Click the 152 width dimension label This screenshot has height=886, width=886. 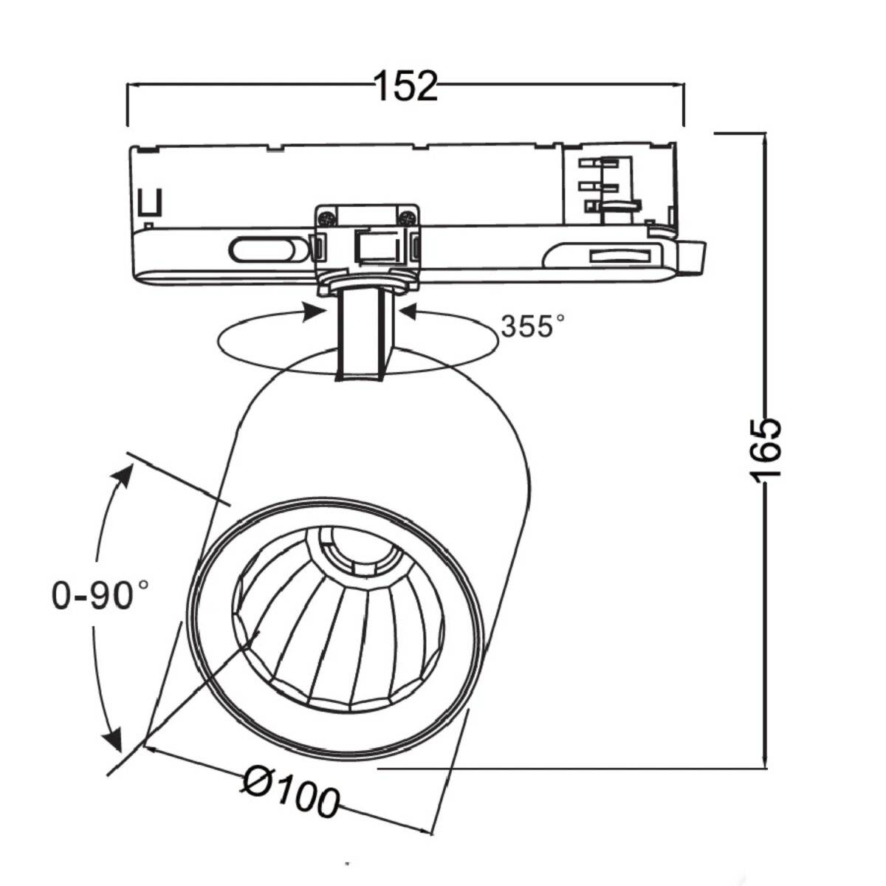point(405,86)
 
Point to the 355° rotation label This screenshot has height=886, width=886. point(532,326)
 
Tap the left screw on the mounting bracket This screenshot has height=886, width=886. point(326,218)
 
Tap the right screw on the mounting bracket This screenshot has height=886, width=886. point(405,218)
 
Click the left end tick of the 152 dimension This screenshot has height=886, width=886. point(128,105)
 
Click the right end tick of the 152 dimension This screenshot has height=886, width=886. point(684,105)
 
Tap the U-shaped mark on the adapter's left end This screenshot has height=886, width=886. point(151,201)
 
